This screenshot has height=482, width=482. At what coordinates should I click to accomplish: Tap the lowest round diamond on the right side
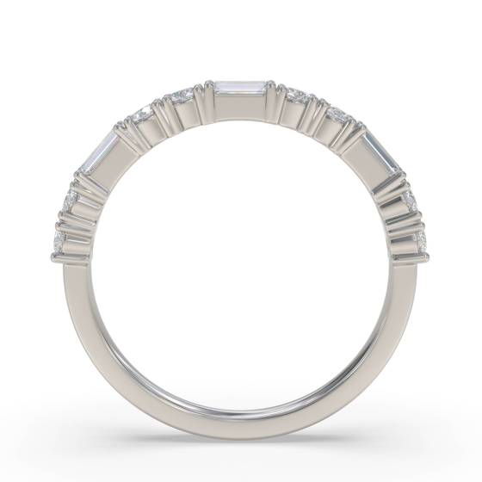click(420, 238)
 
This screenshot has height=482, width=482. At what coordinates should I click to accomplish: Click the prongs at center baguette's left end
click(207, 89)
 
